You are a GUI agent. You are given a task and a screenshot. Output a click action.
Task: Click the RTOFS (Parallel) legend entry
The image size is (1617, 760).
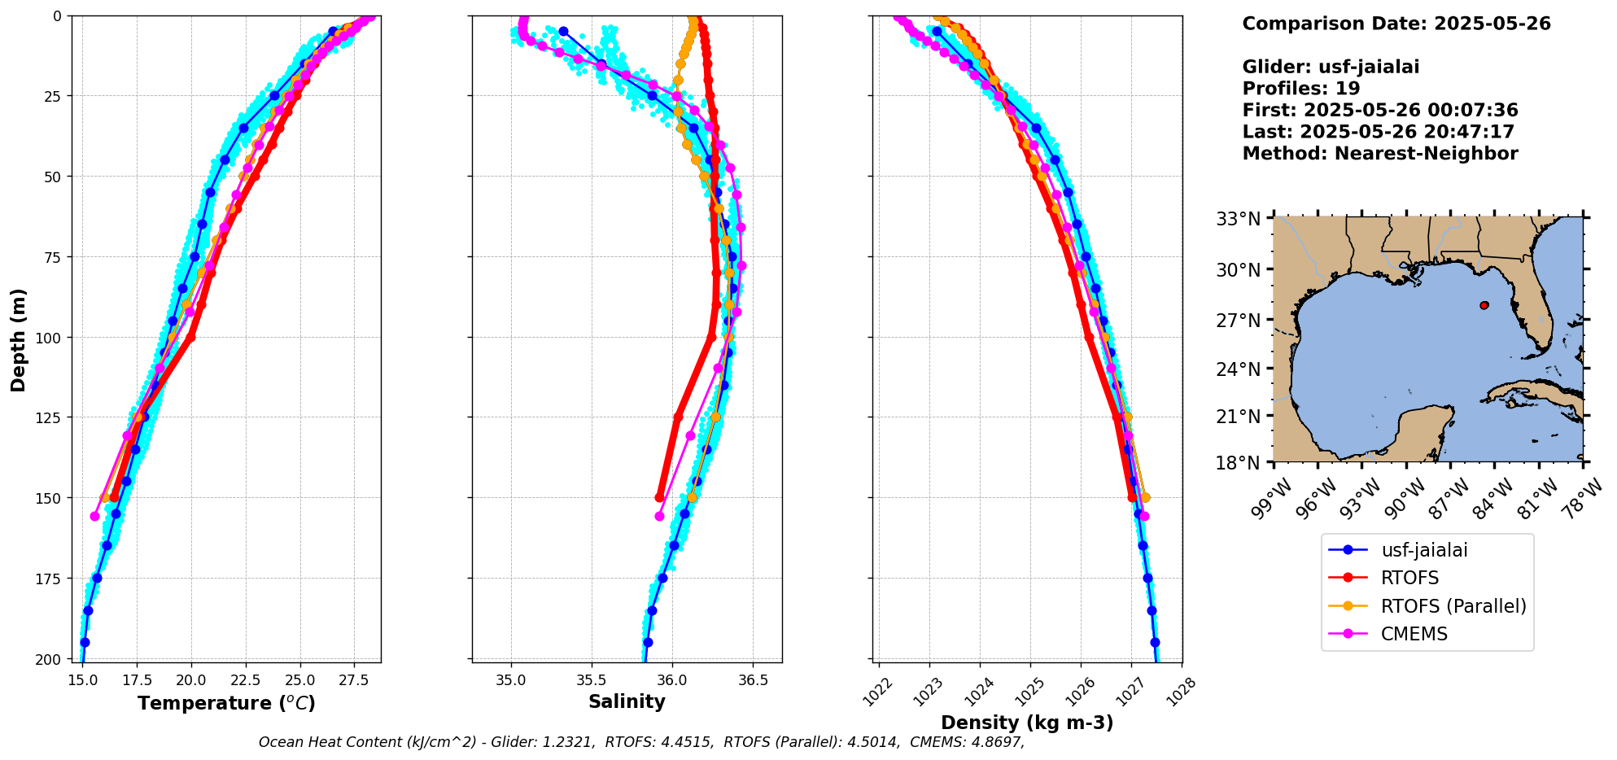(x=1453, y=606)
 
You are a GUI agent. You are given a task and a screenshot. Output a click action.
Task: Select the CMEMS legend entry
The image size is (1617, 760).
(x=1414, y=634)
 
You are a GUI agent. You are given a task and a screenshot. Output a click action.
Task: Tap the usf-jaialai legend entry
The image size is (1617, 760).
(x=1423, y=550)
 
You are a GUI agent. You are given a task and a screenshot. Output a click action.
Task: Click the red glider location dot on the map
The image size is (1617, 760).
(x=1484, y=305)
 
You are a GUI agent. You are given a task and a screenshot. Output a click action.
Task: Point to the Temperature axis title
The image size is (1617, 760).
(x=226, y=703)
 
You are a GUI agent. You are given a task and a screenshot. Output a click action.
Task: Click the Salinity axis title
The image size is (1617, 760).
(x=627, y=701)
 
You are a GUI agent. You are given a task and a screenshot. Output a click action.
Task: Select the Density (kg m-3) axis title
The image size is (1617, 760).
(x=1027, y=723)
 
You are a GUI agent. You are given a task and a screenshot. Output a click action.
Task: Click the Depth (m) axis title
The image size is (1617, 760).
(x=18, y=339)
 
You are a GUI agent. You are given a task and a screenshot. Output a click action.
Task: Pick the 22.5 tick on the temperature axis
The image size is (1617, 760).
(x=246, y=679)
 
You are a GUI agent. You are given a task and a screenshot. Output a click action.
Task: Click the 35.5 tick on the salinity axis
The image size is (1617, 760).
(x=591, y=679)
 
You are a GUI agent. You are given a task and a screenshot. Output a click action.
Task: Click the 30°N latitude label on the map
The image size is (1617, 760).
(x=1238, y=269)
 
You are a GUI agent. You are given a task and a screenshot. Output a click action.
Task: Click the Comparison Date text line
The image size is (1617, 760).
(x=1396, y=24)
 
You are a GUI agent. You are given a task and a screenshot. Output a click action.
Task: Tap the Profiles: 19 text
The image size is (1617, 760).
(x=1300, y=89)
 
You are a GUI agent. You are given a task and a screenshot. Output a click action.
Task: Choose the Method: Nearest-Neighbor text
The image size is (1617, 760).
(x=1379, y=154)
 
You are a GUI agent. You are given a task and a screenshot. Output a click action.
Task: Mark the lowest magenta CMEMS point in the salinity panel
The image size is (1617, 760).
(x=659, y=516)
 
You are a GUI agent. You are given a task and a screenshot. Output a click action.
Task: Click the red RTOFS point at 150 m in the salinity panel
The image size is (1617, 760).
(x=660, y=497)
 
